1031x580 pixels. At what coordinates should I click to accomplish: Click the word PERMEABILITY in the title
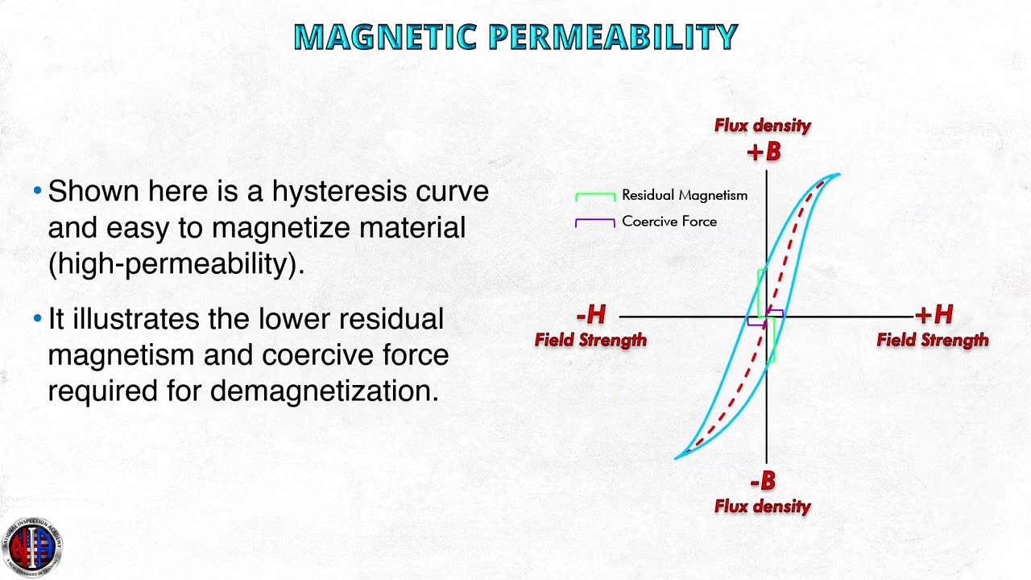613,37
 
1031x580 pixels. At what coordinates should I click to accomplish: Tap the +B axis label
764,151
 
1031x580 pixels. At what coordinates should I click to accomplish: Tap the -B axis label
763,482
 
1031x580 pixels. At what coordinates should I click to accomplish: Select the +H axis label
934,315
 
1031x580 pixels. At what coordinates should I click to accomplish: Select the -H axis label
591,315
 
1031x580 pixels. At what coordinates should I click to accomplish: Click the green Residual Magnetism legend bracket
595,196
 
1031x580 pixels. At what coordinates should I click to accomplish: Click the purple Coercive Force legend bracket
595,222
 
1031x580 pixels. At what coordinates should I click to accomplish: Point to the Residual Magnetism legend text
685,195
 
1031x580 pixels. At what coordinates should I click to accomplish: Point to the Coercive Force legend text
669,222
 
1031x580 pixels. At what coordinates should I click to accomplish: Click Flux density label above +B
763,126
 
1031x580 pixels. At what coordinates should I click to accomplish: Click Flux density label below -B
763,507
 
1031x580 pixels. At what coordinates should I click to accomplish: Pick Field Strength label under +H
933,340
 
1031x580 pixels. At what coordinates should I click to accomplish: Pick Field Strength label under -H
590,340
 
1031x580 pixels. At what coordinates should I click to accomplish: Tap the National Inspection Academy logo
31,545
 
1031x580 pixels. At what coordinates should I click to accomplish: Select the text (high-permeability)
176,263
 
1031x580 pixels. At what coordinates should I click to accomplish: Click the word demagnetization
324,391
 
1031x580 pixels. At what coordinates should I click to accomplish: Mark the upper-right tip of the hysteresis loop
838,175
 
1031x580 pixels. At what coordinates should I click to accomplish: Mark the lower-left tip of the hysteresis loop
677,458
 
